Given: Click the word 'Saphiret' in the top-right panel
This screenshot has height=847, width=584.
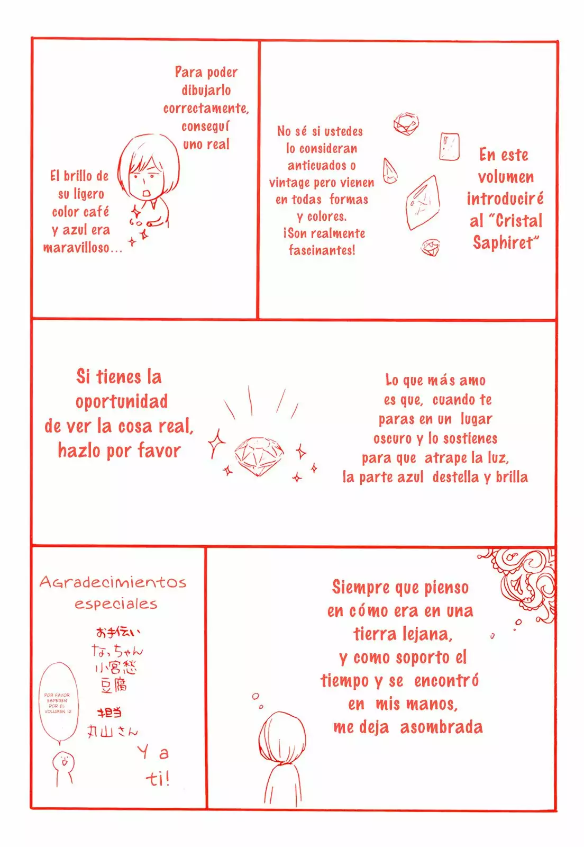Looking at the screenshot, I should click(503, 243).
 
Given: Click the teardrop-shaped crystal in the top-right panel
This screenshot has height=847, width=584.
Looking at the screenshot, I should click(390, 171).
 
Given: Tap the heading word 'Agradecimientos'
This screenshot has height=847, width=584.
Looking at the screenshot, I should click(113, 582).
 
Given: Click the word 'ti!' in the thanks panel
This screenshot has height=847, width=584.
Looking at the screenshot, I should click(158, 778).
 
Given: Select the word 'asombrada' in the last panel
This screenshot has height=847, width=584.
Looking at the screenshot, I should click(441, 727).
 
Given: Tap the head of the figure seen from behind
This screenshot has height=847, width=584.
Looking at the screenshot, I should click(282, 738).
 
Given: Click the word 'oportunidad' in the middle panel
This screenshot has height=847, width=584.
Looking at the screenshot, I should click(121, 402).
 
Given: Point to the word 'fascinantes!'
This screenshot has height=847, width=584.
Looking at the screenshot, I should click(322, 250).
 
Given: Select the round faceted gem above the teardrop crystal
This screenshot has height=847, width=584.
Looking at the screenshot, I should click(406, 124).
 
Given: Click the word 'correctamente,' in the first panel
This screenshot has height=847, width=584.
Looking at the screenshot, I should click(206, 109).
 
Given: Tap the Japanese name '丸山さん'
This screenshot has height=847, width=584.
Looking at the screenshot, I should click(112, 732).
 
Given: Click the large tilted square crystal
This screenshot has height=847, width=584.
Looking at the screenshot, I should click(423, 202).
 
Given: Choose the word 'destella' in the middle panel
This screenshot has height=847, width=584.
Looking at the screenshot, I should click(455, 477).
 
